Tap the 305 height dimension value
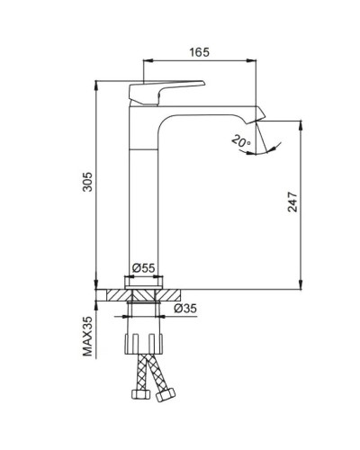coord(83,185)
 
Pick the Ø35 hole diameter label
coord(185,309)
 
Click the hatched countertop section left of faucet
coord(115,294)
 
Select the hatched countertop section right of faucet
coord(175,294)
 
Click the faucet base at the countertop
coord(145,281)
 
